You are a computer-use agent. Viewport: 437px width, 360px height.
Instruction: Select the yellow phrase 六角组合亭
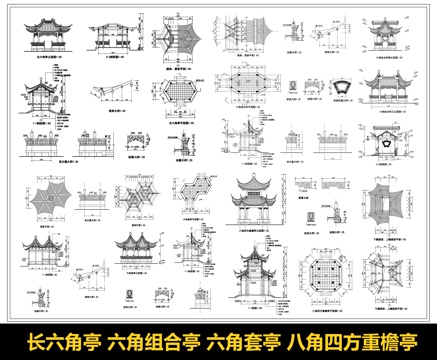pos(152,341)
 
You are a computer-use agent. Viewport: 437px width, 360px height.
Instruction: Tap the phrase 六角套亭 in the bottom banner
pos(246,341)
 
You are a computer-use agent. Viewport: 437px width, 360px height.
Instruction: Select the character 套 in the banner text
pos(256,341)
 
